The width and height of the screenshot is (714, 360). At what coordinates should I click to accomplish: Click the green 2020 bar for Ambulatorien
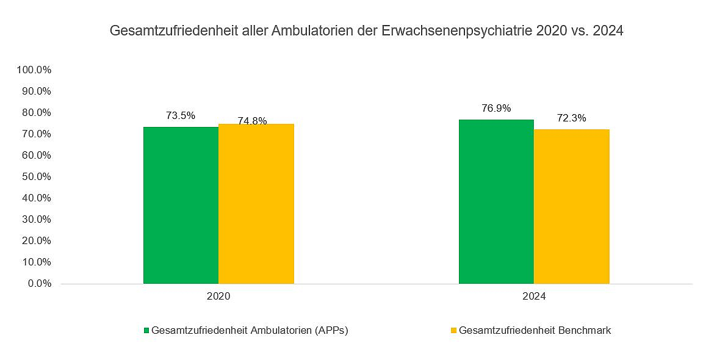181,205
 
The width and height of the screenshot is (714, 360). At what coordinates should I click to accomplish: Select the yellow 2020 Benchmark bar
256,204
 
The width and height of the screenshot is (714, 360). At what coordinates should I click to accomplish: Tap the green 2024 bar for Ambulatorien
496,201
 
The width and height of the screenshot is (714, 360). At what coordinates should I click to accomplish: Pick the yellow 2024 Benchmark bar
571,206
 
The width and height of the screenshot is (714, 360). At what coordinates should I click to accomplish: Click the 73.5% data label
181,115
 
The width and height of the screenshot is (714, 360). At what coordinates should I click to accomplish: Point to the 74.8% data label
253,121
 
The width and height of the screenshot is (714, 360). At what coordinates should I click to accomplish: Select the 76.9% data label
496,109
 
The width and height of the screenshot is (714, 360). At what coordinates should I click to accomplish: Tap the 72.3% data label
571,118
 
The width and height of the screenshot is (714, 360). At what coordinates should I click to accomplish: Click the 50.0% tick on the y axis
37,177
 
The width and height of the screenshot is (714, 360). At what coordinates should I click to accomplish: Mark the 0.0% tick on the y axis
39,284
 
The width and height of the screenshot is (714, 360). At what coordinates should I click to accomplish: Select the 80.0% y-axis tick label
37,112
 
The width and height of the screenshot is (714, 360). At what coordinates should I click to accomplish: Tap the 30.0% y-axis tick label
37,220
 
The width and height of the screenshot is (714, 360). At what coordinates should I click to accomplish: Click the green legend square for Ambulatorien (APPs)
146,331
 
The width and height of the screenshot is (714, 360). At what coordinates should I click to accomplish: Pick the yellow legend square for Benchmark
453,331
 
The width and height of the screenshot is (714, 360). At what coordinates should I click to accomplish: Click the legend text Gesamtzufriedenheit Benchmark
535,331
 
